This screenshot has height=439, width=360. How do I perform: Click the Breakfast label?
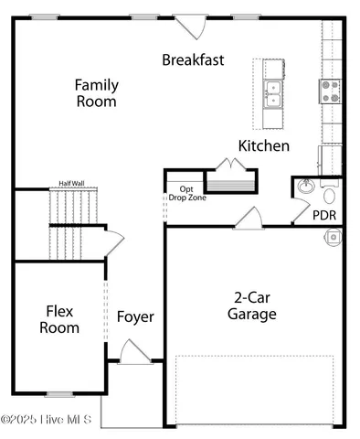(193, 59)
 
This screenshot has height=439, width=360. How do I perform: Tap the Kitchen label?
(264, 145)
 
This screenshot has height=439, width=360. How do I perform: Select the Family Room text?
(96, 93)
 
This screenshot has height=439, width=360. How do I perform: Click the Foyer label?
(135, 317)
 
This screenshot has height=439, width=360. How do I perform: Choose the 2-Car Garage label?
(251, 306)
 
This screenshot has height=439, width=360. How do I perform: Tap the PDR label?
(324, 216)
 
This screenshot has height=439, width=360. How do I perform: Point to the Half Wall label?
(74, 182)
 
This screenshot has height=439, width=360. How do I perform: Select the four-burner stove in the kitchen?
(330, 90)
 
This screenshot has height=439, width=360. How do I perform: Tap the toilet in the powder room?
(330, 194)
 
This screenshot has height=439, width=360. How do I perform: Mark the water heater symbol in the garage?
(334, 237)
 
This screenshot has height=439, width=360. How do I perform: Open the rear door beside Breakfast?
(190, 26)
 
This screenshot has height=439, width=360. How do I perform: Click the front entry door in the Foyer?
(134, 352)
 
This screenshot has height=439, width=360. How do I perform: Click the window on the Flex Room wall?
(60, 394)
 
